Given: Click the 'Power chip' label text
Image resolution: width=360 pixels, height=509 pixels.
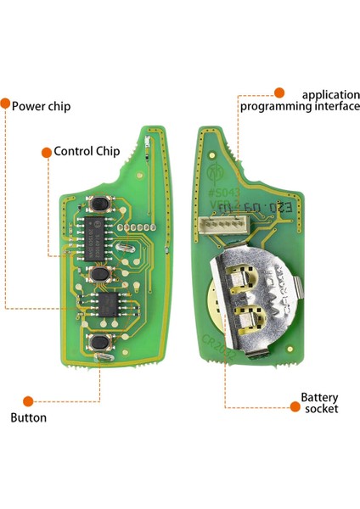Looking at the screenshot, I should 41,107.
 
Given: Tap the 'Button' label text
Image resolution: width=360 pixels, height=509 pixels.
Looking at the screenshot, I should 29,417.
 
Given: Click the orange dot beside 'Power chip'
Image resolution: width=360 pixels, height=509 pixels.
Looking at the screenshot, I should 5,106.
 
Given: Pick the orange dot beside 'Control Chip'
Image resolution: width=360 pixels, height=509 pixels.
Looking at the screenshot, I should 46,152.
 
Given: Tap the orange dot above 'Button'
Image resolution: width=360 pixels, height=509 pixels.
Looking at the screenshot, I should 28,400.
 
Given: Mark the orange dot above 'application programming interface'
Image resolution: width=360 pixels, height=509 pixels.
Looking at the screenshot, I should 278,87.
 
